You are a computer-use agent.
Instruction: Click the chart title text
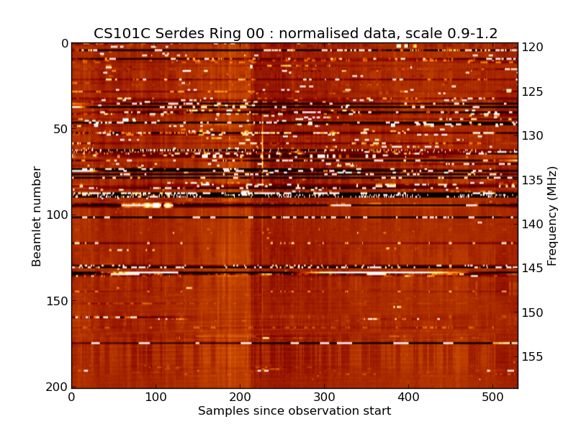click(x=295, y=33)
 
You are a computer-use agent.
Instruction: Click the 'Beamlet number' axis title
click(x=37, y=216)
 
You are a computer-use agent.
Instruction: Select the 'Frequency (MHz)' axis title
click(x=552, y=216)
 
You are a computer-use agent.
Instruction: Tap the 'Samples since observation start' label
click(x=294, y=411)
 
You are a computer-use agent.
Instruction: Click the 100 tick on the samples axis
click(x=156, y=397)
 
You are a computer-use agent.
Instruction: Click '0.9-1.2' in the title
click(x=470, y=33)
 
